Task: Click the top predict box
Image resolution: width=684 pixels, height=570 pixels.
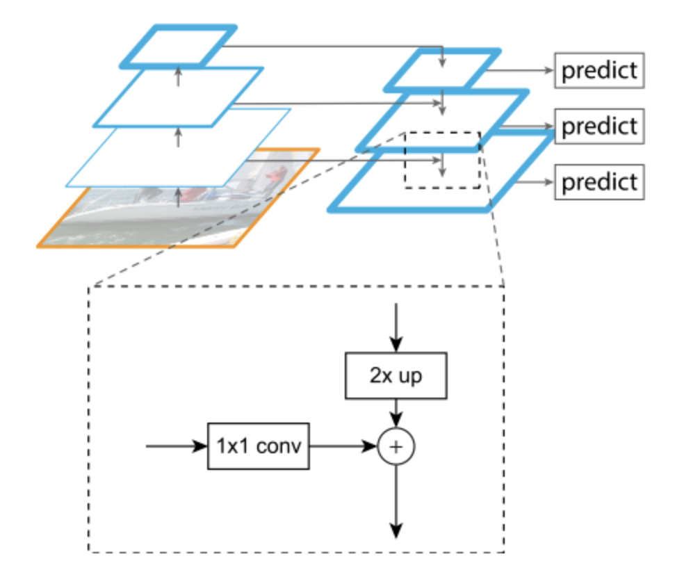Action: pos(599,71)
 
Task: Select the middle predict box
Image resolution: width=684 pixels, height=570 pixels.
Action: pos(599,127)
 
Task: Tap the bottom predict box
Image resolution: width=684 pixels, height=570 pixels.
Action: pos(599,182)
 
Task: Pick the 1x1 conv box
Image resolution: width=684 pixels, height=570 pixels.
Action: pos(258,446)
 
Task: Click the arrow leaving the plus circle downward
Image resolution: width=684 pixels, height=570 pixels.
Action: pos(396,500)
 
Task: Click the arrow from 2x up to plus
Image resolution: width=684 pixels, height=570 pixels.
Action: pos(396,412)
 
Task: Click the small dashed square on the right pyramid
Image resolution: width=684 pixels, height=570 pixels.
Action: pos(443,160)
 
